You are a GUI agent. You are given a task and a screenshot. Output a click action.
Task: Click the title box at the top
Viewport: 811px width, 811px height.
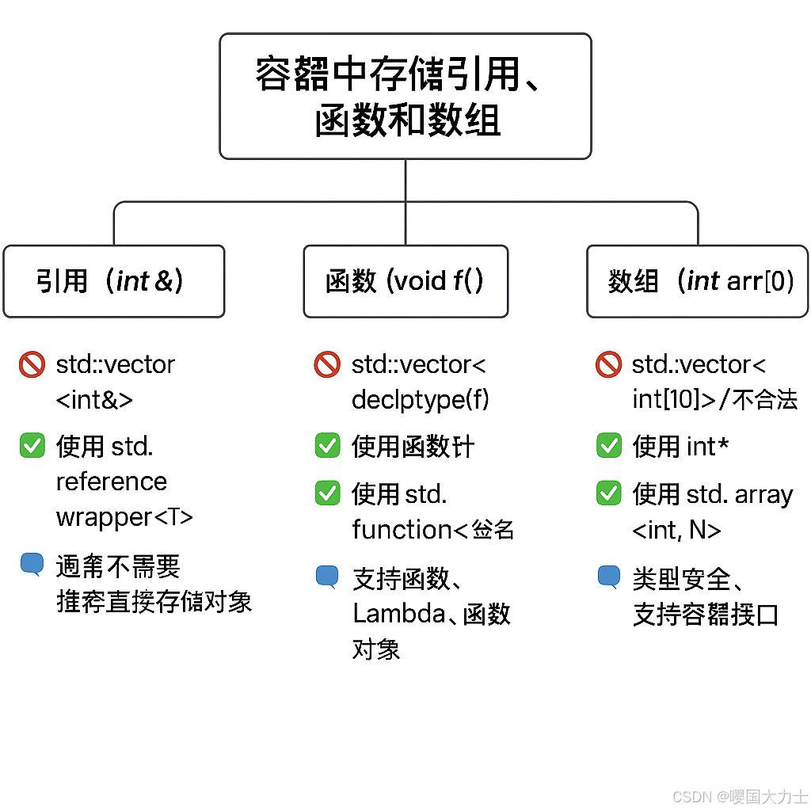[405, 96]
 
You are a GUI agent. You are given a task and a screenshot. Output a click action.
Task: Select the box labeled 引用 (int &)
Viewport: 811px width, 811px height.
[114, 281]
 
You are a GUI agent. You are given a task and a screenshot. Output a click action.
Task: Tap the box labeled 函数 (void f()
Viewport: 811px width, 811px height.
[405, 281]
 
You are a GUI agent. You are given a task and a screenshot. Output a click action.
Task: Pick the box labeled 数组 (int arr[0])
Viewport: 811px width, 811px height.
[697, 281]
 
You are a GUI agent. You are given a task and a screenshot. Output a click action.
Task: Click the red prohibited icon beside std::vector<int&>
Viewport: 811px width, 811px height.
[32, 365]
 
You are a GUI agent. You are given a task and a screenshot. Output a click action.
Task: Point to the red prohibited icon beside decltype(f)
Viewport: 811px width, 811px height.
[327, 365]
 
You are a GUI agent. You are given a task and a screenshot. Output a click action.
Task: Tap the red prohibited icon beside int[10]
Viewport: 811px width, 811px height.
[608, 365]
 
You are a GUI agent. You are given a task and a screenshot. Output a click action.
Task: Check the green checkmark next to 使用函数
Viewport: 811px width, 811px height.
[327, 446]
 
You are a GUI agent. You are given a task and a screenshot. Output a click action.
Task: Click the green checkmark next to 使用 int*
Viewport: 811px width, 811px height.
[608, 446]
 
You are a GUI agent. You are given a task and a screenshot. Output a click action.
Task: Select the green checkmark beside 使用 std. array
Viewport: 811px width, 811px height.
[608, 494]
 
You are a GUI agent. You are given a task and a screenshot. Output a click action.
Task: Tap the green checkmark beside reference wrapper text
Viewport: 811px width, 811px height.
[32, 447]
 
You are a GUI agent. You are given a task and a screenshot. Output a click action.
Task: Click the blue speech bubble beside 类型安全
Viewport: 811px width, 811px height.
[608, 577]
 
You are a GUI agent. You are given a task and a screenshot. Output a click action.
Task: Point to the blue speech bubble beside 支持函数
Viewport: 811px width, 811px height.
[327, 576]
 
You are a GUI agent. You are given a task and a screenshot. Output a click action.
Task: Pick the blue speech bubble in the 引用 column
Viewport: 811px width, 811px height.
[32, 564]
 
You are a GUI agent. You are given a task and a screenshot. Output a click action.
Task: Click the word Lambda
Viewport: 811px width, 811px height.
[398, 614]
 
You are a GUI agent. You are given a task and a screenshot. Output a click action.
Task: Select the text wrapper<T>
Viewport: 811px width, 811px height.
[124, 517]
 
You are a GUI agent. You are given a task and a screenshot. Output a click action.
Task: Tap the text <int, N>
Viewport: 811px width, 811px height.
[676, 530]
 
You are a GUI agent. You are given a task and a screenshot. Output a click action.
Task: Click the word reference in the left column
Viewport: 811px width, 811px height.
[111, 482]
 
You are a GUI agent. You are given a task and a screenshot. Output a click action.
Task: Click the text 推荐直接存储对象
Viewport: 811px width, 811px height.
[154, 602]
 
